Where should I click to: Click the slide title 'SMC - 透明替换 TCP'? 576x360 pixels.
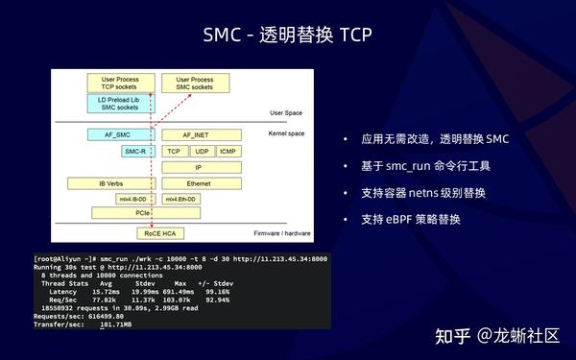click(x=287, y=36)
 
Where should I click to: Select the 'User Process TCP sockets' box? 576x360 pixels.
click(x=120, y=84)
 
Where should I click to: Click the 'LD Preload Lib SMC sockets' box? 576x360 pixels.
click(x=120, y=104)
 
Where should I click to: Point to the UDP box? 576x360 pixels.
click(x=201, y=152)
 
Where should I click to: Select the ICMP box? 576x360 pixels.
click(x=228, y=152)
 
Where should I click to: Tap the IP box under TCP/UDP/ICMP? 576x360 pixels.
click(x=199, y=167)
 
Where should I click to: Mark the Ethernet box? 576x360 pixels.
click(x=199, y=182)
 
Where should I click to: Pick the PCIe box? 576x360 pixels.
click(x=141, y=212)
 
